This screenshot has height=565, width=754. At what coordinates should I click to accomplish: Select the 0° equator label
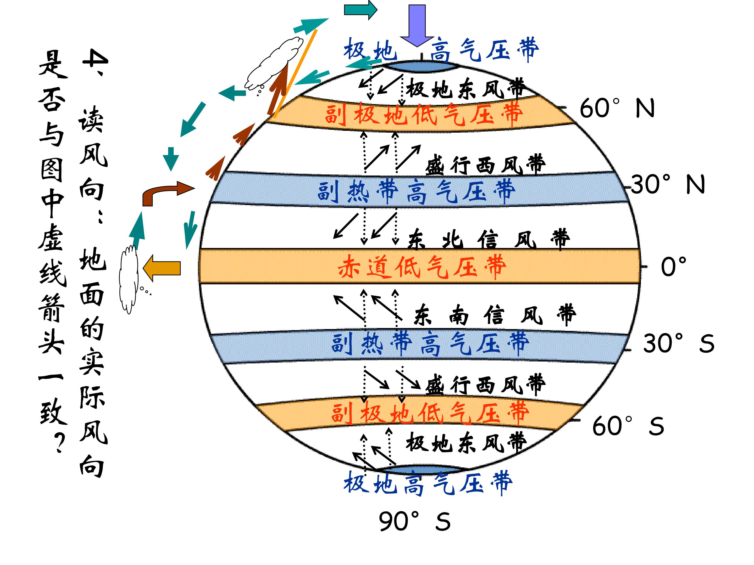[x=673, y=267]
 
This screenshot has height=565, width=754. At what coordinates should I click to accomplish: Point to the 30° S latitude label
[x=678, y=343]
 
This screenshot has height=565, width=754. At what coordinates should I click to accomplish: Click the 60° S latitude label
[x=628, y=426]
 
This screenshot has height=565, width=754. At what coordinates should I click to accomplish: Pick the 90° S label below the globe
[x=414, y=521]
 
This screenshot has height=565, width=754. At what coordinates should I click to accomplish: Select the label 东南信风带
[x=495, y=315]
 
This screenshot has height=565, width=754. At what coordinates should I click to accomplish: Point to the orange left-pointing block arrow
[x=162, y=268]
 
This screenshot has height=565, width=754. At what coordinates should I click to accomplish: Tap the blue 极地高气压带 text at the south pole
[x=428, y=483]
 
